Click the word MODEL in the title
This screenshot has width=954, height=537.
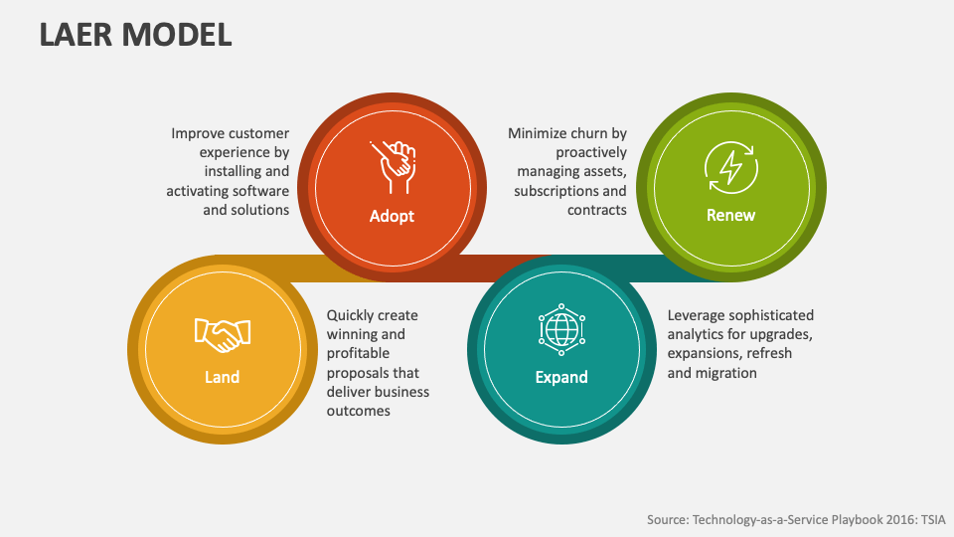(x=177, y=34)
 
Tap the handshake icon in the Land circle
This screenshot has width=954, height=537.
(x=223, y=334)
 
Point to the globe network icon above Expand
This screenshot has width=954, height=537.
(x=560, y=328)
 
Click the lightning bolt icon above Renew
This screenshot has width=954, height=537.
(x=730, y=165)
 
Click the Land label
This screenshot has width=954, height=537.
(x=223, y=377)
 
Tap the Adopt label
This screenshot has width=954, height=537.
(x=392, y=216)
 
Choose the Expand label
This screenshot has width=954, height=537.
(x=561, y=377)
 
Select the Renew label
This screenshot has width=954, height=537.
(x=730, y=215)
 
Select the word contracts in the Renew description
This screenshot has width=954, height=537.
(x=596, y=210)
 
